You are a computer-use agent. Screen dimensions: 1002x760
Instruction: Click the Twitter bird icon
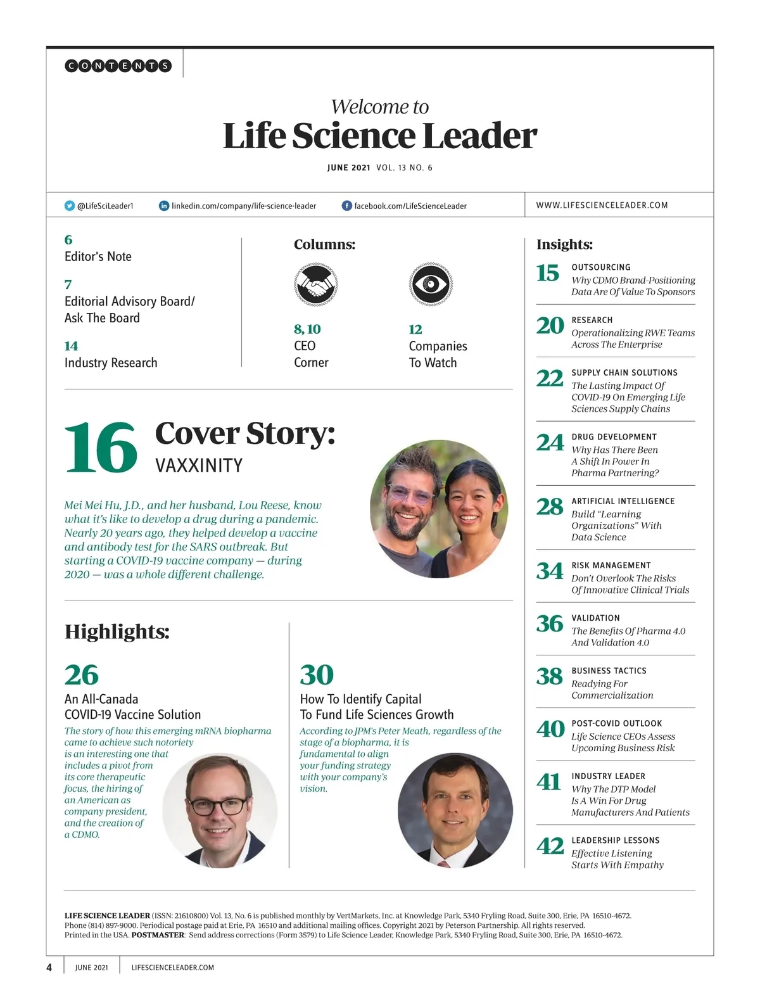tap(70, 206)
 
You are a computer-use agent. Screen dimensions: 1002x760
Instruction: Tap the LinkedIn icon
tap(164, 206)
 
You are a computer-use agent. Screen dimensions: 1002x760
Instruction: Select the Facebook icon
tap(346, 206)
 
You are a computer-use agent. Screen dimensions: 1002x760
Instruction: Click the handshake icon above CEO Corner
tap(315, 285)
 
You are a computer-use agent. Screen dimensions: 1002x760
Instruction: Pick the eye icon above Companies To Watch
tap(431, 285)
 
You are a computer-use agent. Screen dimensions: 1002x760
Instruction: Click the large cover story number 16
tap(101, 448)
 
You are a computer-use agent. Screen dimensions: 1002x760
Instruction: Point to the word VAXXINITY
tap(199, 466)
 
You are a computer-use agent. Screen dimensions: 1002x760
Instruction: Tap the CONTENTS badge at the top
tap(118, 65)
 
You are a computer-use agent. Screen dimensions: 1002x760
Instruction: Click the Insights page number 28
tap(549, 507)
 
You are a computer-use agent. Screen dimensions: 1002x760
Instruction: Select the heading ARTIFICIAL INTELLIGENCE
tap(623, 501)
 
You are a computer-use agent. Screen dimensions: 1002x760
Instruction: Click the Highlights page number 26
tap(82, 675)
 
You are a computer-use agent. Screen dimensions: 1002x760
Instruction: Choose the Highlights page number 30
tap(317, 675)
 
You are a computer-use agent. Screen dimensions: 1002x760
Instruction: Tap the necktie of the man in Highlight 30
tap(445, 864)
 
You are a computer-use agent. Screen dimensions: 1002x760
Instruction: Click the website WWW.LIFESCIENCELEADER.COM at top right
tap(602, 205)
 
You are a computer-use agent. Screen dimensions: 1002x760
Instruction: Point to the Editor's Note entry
tap(98, 257)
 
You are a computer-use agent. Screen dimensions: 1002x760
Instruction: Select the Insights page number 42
tap(550, 846)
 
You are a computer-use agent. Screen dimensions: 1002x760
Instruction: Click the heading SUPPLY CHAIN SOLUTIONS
tap(624, 373)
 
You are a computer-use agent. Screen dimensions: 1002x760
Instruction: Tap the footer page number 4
tap(49, 967)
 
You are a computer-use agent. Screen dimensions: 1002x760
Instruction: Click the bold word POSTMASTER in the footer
tap(158, 935)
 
